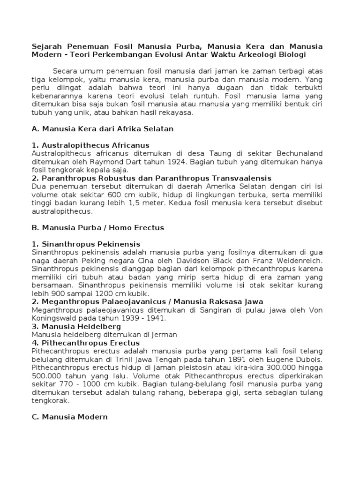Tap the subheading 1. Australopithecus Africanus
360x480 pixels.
click(x=90, y=145)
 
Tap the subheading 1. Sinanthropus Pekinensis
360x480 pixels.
click(x=86, y=244)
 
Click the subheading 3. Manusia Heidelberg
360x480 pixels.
click(x=76, y=326)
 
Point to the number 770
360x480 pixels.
click(x=62, y=384)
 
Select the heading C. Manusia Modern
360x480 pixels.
click(x=69, y=417)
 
